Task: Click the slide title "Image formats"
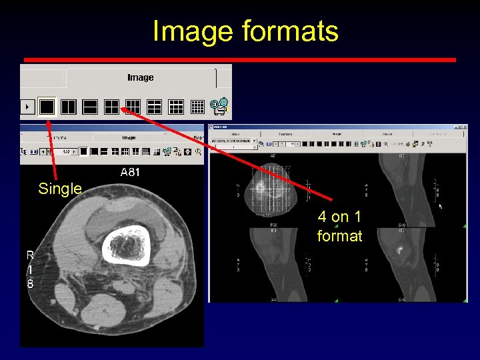(245, 31)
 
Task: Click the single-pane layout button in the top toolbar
(47, 105)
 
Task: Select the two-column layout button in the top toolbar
(68, 105)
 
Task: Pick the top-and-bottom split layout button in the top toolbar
(89, 105)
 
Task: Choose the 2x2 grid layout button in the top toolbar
(111, 105)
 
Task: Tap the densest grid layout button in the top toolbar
(197, 105)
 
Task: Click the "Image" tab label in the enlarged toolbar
(140, 77)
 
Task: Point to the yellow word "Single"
(60, 189)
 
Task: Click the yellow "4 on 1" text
(340, 217)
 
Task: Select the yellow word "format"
(340, 235)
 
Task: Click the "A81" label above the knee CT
(131, 172)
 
